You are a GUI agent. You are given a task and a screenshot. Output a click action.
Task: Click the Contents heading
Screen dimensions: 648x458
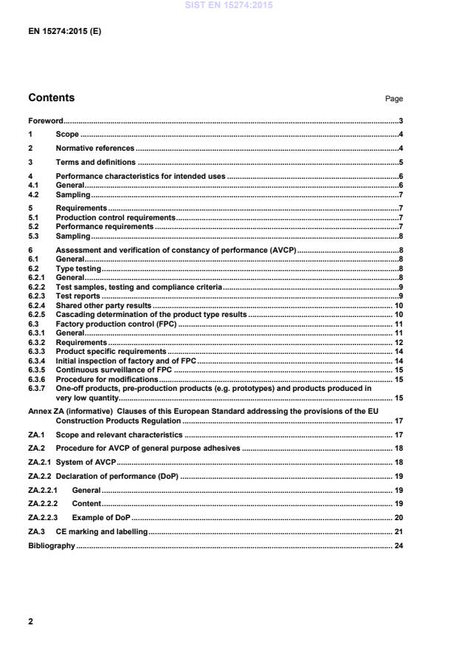point(51,98)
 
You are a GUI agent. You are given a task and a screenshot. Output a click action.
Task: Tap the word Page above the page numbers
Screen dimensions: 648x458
point(394,99)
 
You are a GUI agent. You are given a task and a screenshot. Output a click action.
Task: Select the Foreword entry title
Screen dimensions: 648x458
point(45,120)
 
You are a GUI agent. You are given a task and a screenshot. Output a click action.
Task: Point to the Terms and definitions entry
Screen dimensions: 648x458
point(95,163)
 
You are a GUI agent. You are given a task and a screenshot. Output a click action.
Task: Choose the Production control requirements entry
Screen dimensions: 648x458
point(115,218)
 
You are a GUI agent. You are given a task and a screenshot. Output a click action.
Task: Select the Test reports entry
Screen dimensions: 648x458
point(78,296)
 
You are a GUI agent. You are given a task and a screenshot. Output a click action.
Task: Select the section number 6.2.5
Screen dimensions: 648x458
point(37,315)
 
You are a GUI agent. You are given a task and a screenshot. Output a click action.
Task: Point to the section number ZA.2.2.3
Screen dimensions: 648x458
point(44,518)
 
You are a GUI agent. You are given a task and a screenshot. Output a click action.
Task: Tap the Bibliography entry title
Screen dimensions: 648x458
point(52,546)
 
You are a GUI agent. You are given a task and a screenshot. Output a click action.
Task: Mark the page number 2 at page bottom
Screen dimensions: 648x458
point(30,621)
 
